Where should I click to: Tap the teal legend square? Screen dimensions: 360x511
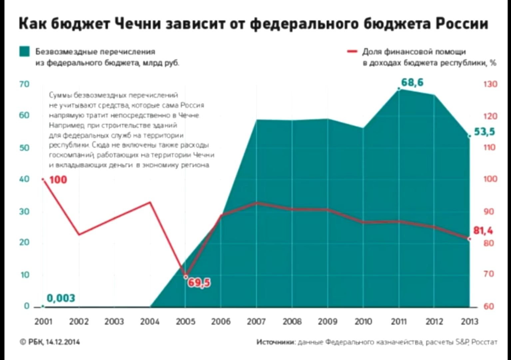[x=24, y=52]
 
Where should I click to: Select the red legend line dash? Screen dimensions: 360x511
[x=352, y=52]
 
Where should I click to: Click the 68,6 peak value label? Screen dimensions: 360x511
[x=412, y=82]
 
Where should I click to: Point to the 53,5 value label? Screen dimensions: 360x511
[x=484, y=132]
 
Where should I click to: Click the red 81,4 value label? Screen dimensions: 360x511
[x=483, y=230]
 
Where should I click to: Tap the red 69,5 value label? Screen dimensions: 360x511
[x=199, y=283]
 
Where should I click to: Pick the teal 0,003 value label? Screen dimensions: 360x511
[x=61, y=298]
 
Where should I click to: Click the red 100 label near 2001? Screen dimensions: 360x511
[x=58, y=180]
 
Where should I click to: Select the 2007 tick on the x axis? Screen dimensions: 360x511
[x=256, y=321]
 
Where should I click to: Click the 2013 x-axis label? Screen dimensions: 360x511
[x=469, y=321]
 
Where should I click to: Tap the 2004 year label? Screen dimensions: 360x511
[x=150, y=321]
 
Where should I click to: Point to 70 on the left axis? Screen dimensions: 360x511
[x=24, y=84]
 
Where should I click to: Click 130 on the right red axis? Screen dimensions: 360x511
[x=490, y=84]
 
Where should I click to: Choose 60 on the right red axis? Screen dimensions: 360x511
[x=488, y=306]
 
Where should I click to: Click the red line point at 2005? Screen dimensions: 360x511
[x=186, y=276]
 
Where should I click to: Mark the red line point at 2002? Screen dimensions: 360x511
[x=79, y=234]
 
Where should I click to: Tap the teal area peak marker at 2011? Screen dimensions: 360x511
[x=399, y=89]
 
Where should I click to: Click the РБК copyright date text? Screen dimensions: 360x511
[x=50, y=342]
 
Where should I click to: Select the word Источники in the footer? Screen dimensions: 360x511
[x=275, y=342]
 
